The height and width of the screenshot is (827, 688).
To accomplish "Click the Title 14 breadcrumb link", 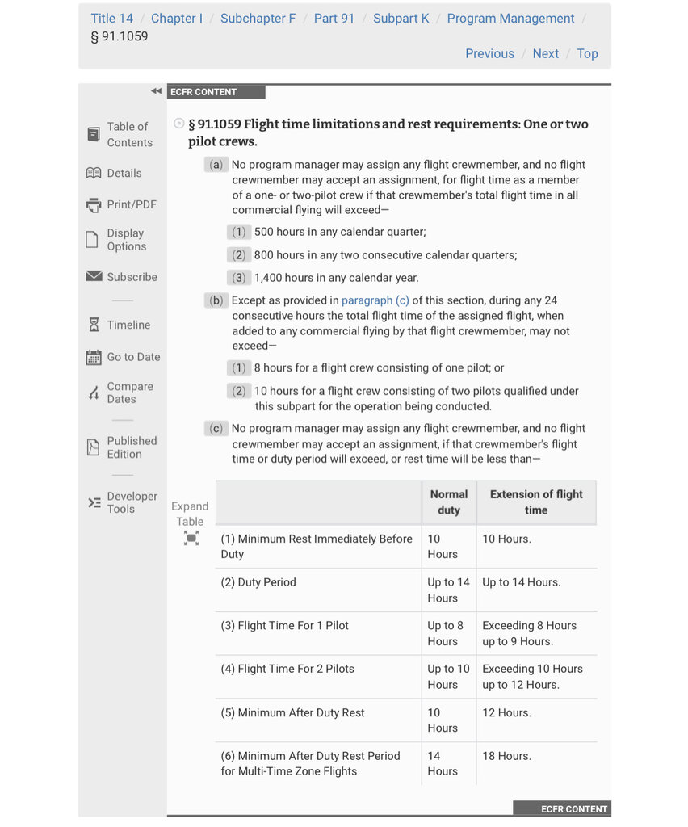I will pyautogui.click(x=111, y=18).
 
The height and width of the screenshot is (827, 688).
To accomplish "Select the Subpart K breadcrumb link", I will pyautogui.click(x=401, y=18).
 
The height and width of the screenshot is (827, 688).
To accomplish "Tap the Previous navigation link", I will pyautogui.click(x=489, y=53).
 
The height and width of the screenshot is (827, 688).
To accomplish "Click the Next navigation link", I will pyautogui.click(x=545, y=53).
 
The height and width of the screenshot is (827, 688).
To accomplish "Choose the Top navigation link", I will pyautogui.click(x=587, y=53).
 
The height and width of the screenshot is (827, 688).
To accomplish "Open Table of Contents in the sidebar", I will pyautogui.click(x=129, y=134).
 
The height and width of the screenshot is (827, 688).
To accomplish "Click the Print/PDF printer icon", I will pyautogui.click(x=94, y=205).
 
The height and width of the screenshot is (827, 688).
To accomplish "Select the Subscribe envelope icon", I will pyautogui.click(x=94, y=277).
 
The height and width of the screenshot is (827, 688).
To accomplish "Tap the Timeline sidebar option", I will pyautogui.click(x=128, y=325).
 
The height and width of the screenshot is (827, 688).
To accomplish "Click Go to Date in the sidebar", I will pyautogui.click(x=133, y=357).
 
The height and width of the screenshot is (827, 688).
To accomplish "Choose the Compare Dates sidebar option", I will pyautogui.click(x=129, y=393).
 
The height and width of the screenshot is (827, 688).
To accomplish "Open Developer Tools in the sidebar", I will pyautogui.click(x=132, y=502).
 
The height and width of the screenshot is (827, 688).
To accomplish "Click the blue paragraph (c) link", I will pyautogui.click(x=375, y=300).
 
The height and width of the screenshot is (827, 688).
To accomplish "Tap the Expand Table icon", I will pyautogui.click(x=191, y=538).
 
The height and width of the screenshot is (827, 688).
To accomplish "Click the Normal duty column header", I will pyautogui.click(x=448, y=502).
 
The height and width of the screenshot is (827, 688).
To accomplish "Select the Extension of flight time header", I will pyautogui.click(x=536, y=502).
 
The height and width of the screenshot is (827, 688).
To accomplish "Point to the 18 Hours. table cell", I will pyautogui.click(x=506, y=756).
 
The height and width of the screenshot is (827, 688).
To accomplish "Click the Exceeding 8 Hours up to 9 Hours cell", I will pyautogui.click(x=529, y=633).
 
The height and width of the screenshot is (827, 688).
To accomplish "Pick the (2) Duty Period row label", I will pyautogui.click(x=258, y=582).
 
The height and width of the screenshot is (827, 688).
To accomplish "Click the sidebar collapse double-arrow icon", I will pyautogui.click(x=156, y=91).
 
